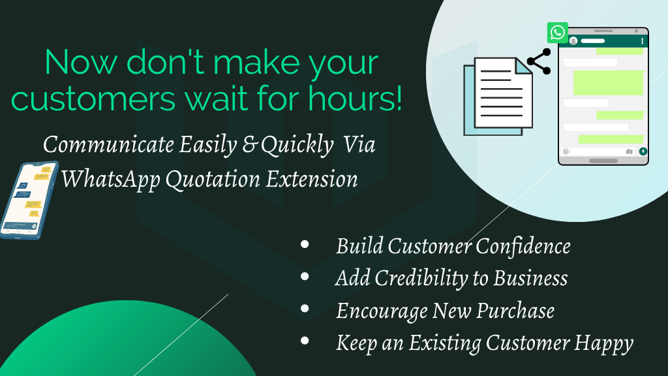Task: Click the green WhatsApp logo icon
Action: pos(557,33)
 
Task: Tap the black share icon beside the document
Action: pos(539,61)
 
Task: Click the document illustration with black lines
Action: pos(498,97)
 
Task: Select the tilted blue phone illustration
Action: pos(28,200)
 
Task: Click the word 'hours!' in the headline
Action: pos(355,99)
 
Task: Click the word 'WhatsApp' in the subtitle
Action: pos(111,179)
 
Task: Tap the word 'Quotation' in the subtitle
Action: pos(213,179)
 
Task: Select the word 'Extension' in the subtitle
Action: pos(312,179)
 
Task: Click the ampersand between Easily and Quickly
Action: pos(249,145)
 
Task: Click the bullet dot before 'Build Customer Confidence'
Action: pos(305,244)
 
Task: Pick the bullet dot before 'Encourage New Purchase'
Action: pos(305,308)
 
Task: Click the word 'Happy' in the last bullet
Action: pos(603,343)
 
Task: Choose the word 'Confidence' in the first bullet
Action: pos(523,246)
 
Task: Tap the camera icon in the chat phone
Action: pos(630,151)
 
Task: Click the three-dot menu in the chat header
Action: pos(642,41)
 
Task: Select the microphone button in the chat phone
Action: pos(643,151)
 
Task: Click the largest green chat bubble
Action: pos(609,83)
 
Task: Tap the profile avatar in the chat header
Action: pos(573,41)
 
